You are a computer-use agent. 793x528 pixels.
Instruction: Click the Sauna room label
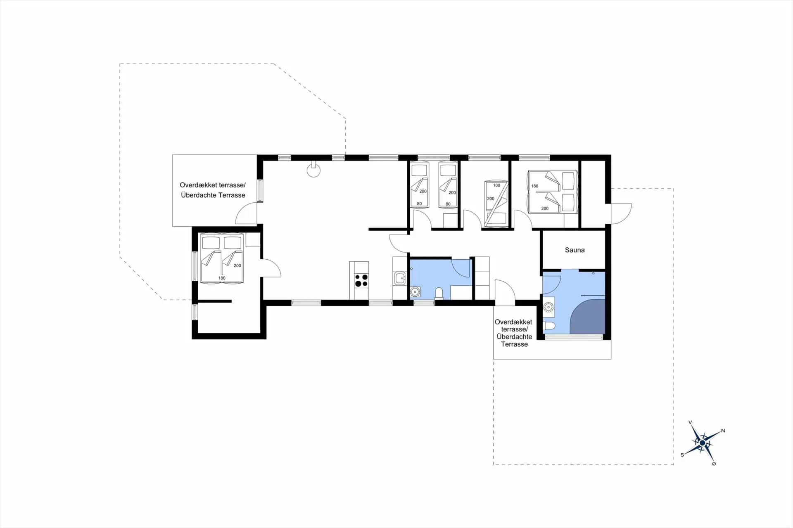pos(575,250)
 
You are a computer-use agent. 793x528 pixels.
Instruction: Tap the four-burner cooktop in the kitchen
pos(361,280)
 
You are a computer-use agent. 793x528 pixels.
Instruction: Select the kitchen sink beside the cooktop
pos(400,278)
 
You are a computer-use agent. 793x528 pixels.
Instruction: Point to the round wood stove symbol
pos(313,170)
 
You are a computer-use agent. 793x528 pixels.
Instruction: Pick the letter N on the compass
pos(723,431)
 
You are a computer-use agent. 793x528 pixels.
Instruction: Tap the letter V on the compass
pos(690,422)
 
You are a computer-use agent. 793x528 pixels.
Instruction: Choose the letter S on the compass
pos(682,455)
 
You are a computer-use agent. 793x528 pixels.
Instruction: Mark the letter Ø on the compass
pos(714,464)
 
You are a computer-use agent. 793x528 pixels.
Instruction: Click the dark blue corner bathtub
pos(588,317)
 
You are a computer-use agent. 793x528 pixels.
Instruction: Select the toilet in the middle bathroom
pos(439,293)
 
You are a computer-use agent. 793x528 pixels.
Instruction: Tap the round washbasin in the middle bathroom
pos(415,292)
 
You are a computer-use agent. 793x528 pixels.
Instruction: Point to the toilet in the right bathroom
pos(549,326)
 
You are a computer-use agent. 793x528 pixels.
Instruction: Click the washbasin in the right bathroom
pos(548,307)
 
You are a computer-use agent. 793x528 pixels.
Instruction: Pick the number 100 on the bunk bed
pos(496,185)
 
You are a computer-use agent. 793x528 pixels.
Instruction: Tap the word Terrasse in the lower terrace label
pos(514,344)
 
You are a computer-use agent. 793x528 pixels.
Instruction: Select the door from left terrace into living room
pos(247,214)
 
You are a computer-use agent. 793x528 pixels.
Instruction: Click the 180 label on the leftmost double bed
pos(222,278)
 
